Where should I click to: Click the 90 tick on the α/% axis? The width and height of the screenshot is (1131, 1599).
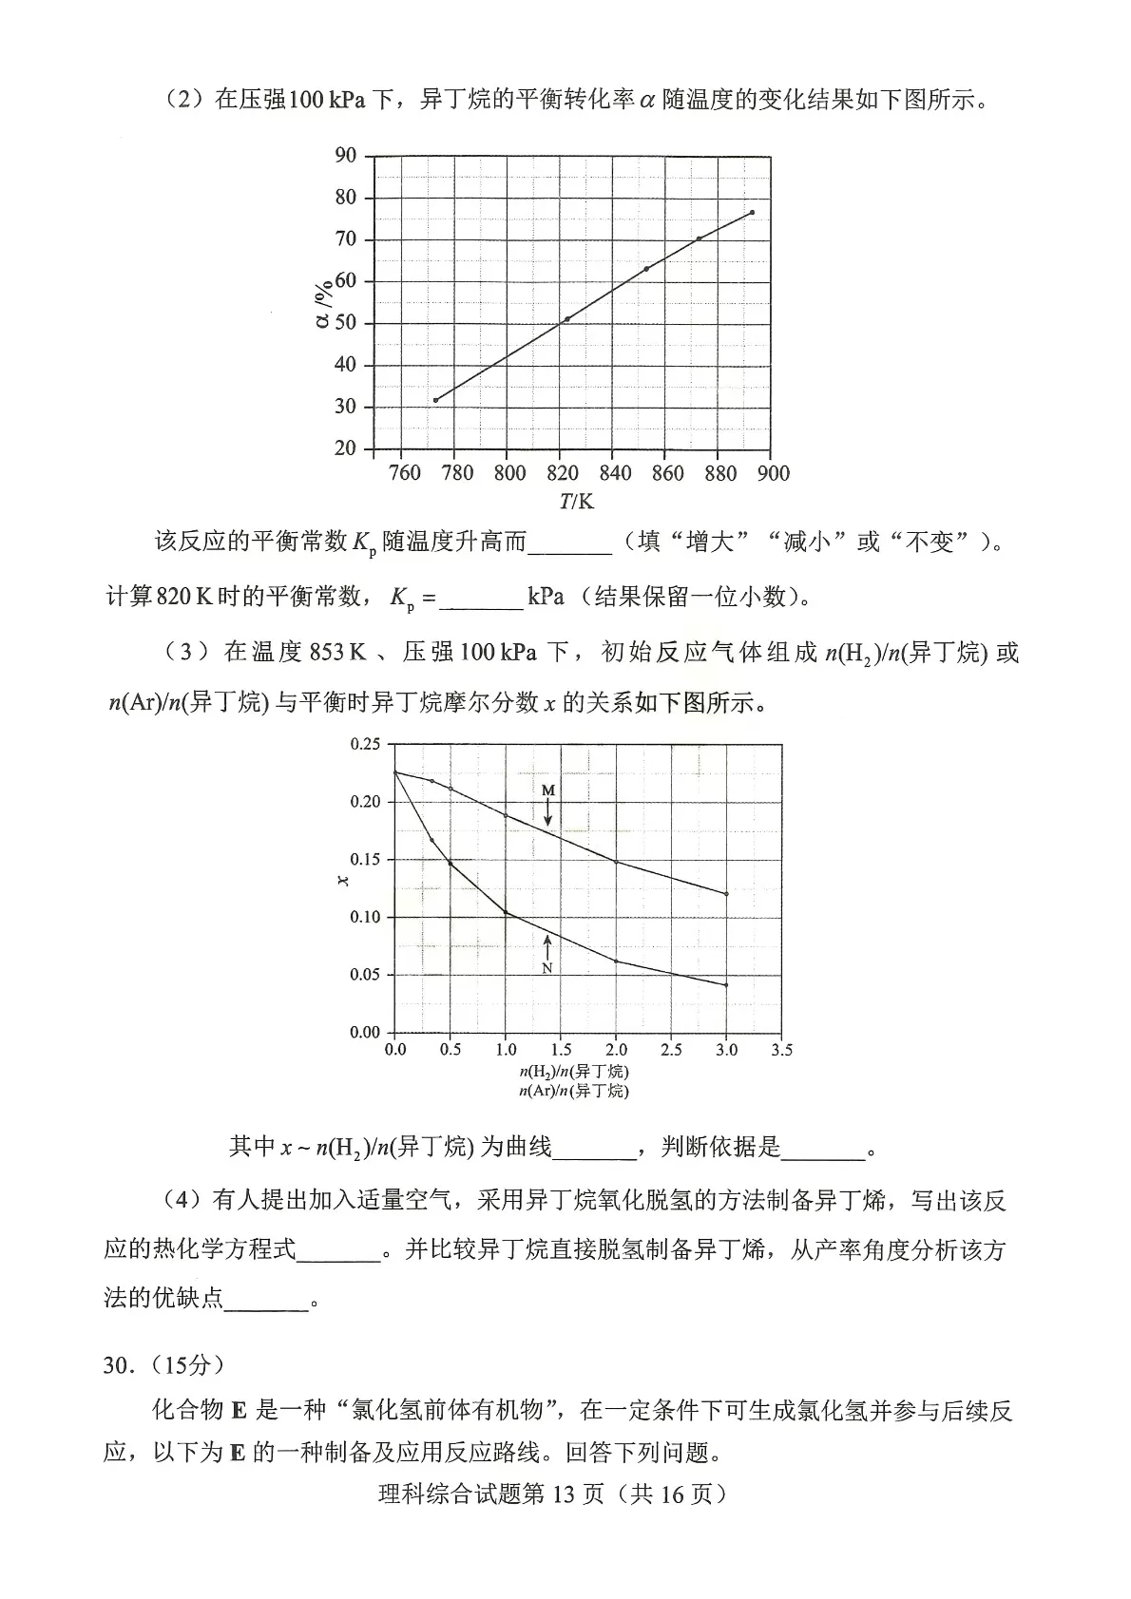click(345, 156)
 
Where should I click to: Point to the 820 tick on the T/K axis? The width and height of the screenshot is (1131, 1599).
click(563, 473)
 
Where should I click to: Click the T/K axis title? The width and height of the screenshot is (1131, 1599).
click(576, 501)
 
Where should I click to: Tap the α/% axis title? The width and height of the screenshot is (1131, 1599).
click(324, 303)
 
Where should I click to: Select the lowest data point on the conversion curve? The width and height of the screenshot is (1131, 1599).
click(435, 400)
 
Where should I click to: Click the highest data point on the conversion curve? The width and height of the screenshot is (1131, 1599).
click(752, 212)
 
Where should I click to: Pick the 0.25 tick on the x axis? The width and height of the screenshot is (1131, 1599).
click(365, 744)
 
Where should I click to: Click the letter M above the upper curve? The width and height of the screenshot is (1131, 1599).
click(548, 790)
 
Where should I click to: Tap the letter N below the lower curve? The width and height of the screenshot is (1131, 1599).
click(547, 968)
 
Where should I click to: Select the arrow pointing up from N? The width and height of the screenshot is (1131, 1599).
click(547, 945)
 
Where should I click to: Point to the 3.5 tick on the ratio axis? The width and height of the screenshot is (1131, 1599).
click(781, 1050)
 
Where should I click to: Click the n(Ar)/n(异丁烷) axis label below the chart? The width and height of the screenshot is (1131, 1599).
click(574, 1091)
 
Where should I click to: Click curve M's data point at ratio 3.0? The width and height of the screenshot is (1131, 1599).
click(726, 894)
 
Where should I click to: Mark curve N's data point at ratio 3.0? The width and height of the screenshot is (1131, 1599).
click(726, 985)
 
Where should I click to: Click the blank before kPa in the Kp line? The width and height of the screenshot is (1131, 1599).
click(482, 598)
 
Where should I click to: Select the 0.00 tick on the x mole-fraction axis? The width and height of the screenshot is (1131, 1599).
click(365, 1032)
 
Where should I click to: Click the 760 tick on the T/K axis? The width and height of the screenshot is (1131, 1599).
click(405, 473)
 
